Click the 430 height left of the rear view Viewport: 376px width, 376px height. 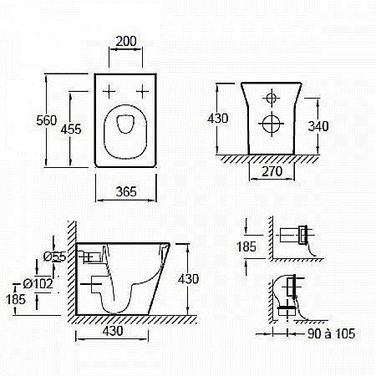point(219,119)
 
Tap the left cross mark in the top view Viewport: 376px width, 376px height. point(109,89)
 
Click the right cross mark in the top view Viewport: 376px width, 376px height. point(144,89)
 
